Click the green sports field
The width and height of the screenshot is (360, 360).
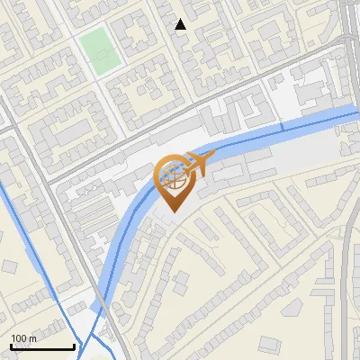(100, 51)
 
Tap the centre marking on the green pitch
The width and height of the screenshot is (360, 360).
(100, 51)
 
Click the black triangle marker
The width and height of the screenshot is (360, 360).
(181, 24)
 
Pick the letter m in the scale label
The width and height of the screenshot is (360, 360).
(33, 338)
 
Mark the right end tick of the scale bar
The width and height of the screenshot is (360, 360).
(74, 346)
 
